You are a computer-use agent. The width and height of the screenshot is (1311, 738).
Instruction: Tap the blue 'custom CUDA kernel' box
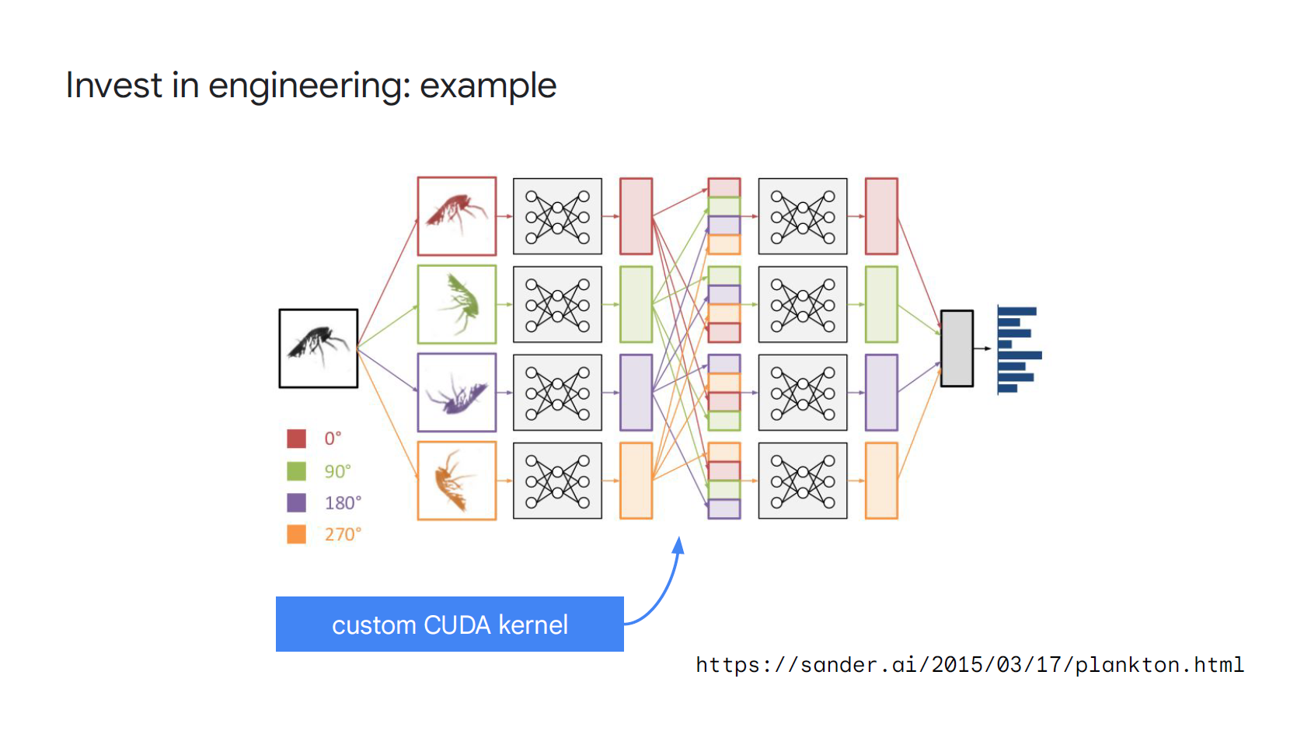[x=449, y=624]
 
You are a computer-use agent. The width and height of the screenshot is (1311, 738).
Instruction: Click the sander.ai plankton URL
[x=970, y=665]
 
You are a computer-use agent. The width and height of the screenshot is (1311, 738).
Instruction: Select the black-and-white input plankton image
[x=319, y=348]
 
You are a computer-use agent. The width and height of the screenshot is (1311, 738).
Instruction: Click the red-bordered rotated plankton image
[x=457, y=216]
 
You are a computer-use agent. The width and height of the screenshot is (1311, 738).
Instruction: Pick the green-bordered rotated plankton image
[x=457, y=305]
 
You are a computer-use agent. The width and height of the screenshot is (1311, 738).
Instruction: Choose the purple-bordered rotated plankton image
[x=457, y=393]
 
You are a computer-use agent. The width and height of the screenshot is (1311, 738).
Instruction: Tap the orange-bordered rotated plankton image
[x=457, y=481]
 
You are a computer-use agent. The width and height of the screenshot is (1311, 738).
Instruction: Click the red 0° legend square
[x=297, y=439]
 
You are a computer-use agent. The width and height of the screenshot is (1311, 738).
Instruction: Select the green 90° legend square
[x=297, y=471]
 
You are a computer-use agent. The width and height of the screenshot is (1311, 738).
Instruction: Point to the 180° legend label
[x=343, y=503]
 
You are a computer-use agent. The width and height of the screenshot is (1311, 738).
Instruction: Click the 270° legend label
[x=343, y=535]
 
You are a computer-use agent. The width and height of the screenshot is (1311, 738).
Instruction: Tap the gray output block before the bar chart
[x=957, y=348]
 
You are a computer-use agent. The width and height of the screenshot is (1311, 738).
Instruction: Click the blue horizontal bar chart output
[x=1020, y=350]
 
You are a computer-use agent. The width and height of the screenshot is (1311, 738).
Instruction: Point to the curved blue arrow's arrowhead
[x=678, y=545]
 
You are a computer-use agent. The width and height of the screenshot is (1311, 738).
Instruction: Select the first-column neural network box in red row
[x=557, y=216]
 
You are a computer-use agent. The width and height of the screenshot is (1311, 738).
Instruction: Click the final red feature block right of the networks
[x=881, y=216]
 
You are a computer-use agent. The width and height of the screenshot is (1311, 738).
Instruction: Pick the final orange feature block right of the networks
[x=881, y=481]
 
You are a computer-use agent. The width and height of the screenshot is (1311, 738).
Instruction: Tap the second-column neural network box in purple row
[x=803, y=393]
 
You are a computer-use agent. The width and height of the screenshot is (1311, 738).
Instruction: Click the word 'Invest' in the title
[x=113, y=85]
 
